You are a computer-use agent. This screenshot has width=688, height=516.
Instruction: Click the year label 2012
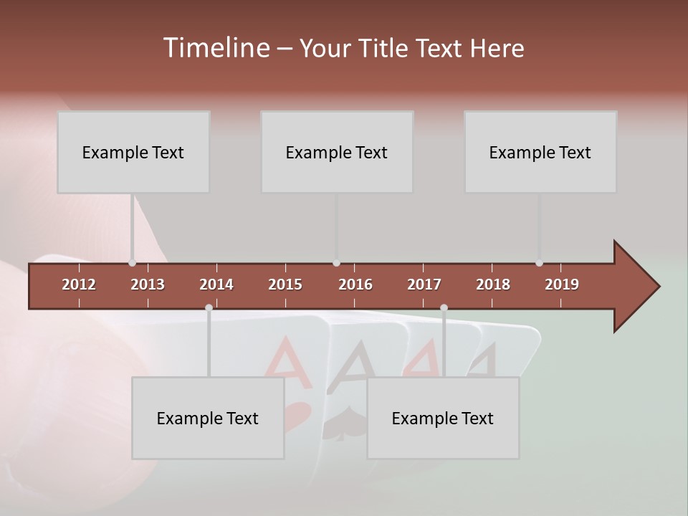point(79,285)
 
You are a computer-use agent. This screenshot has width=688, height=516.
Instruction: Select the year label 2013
point(148,285)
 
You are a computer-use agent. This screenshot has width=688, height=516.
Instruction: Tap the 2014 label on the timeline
point(216,285)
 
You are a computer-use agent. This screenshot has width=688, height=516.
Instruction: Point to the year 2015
point(285,285)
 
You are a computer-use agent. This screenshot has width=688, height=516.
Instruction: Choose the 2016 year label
point(355,285)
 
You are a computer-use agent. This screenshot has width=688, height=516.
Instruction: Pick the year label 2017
point(424,285)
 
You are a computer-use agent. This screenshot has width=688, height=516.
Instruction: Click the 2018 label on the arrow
point(493,285)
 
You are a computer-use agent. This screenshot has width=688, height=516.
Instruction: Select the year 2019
point(562,285)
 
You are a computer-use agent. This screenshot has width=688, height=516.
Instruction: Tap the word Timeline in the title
point(216,48)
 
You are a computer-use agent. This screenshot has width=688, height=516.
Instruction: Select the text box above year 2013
point(133,152)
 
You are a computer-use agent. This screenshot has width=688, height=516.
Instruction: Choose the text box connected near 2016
point(337,152)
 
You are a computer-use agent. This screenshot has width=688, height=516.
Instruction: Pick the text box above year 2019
point(540,152)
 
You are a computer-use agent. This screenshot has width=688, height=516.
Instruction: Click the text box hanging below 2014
point(208,418)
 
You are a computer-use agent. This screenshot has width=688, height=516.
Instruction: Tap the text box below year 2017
point(443,418)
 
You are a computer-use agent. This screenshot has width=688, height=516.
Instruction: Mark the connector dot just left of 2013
point(132,263)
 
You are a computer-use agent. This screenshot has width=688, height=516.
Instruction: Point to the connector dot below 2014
point(209,307)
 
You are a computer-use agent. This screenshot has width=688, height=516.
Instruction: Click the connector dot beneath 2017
point(444,307)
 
